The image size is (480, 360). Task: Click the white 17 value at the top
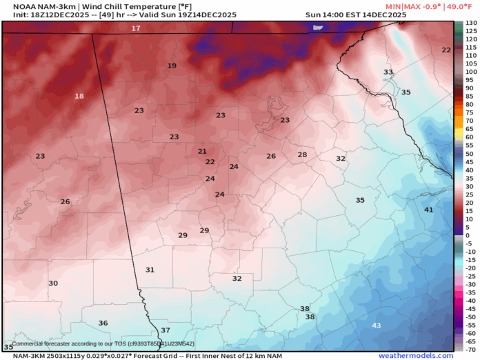click(x=136, y=28)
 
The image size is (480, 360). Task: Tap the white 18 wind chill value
click(x=79, y=96)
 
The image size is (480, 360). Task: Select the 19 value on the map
click(x=172, y=66)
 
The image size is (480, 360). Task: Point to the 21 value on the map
click(x=202, y=151)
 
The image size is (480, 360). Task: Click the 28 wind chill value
click(x=302, y=154)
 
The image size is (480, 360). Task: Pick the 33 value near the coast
click(x=388, y=72)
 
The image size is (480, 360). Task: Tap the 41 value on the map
click(x=428, y=210)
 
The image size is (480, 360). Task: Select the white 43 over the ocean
click(x=376, y=325)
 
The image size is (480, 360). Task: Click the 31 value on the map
click(x=150, y=270)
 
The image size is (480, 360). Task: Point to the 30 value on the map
click(x=53, y=283)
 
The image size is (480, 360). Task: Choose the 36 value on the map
click(x=103, y=323)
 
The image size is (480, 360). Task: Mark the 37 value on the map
click(x=165, y=330)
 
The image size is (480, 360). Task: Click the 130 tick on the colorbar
click(x=470, y=23)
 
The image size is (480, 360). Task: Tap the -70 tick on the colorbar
click(x=470, y=349)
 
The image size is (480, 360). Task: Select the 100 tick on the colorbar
click(x=470, y=72)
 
